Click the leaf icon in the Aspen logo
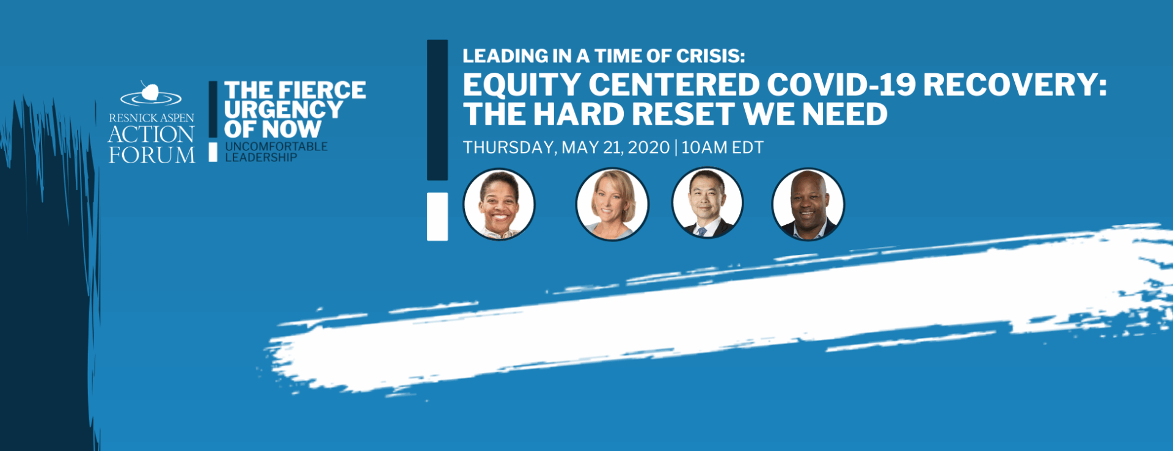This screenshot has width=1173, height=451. pos(150,92)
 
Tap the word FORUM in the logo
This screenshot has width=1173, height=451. pos(152,155)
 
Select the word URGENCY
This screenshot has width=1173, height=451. pos(283,110)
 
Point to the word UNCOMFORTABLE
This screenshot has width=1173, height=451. pos(276,147)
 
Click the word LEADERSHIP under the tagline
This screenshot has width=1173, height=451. pos(261,158)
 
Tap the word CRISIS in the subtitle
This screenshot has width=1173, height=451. pos(711,56)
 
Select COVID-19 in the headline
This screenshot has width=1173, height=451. pos(841,85)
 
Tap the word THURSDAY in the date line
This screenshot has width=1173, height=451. pos(510,148)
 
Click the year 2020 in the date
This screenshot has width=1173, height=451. pos(649,148)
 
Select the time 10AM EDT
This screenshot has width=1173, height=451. pos(722,148)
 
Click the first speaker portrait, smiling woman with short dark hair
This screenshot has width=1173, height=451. pos(499,204)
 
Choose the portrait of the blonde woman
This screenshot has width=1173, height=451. pos(612,204)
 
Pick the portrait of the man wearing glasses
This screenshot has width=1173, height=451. pos(707,204)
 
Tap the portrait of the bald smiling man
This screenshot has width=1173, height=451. pos(808,204)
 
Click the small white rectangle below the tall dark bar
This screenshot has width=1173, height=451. pos(437,216)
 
